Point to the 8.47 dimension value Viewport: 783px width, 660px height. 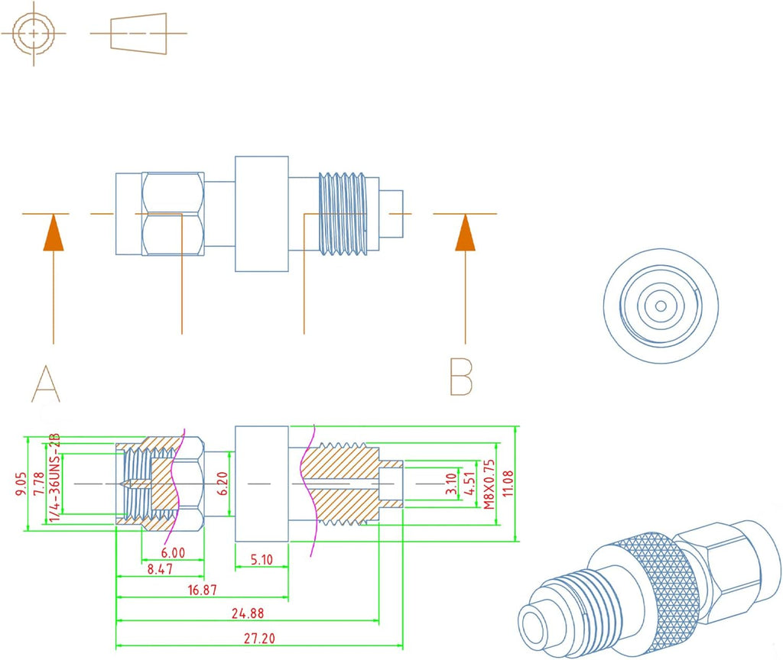click(161, 570)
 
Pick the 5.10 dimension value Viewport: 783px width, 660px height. click(261, 559)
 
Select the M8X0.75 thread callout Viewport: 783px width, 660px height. click(489, 484)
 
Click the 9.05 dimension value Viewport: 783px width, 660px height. click(21, 484)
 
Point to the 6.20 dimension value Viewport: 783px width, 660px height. click(223, 484)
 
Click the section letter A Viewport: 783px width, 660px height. click(47, 384)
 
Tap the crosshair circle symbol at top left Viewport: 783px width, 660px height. click(34, 33)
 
